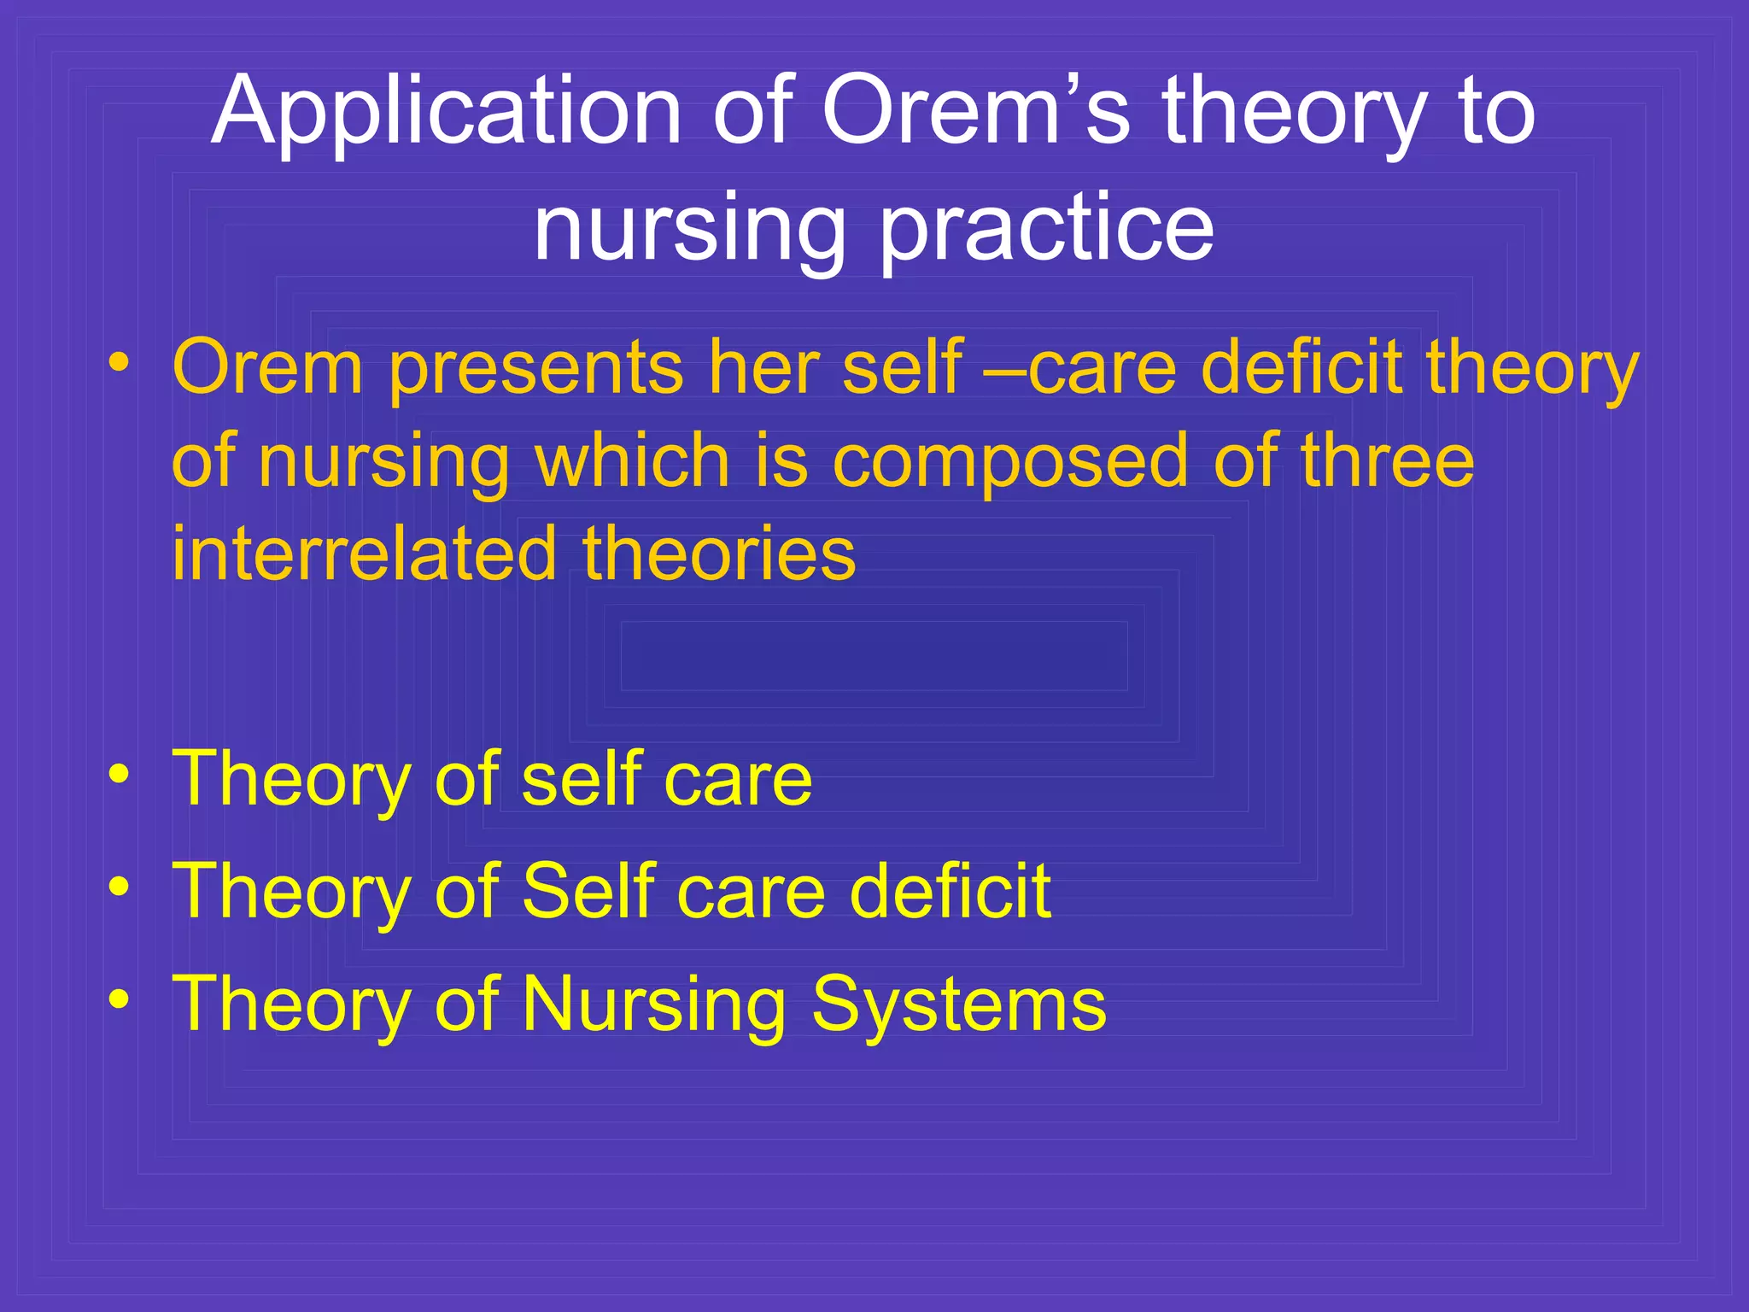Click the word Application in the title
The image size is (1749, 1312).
(x=446, y=113)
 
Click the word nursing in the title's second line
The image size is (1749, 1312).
(x=689, y=229)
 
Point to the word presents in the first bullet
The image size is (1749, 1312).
(x=536, y=367)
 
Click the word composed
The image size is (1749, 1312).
(x=1010, y=461)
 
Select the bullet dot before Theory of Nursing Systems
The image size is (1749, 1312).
(x=120, y=999)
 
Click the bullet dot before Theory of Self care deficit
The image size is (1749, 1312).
(x=120, y=887)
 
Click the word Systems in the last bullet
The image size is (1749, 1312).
(x=958, y=1004)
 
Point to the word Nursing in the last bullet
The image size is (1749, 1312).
(x=654, y=1004)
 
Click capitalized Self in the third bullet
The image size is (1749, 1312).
(x=588, y=892)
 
